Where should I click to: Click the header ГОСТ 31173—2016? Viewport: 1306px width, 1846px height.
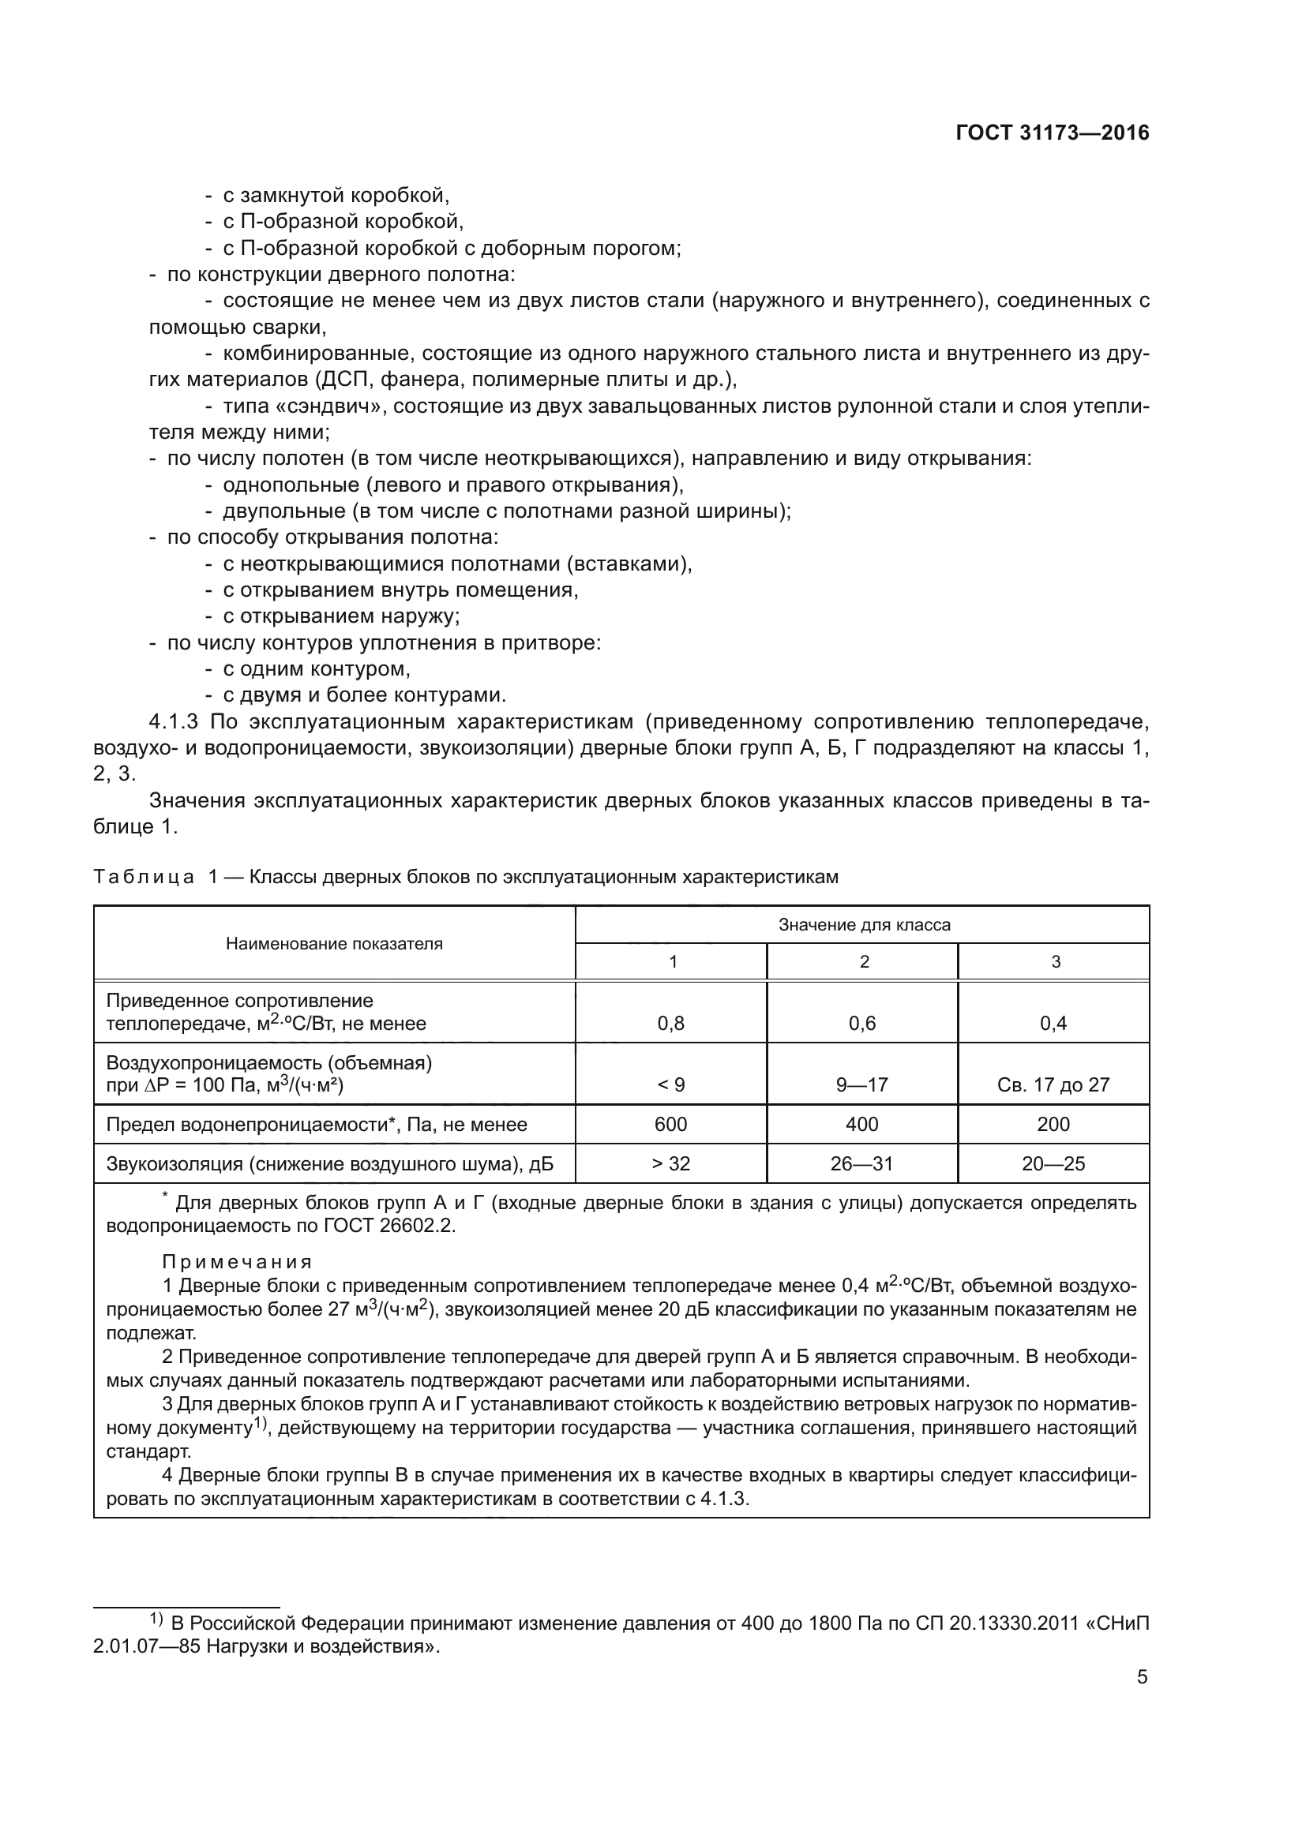pos(1052,133)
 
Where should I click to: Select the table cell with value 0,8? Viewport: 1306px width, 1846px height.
pos(670,1024)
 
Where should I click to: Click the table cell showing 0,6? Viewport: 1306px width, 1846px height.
pos(862,1024)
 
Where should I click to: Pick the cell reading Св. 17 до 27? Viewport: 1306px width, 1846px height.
pos(1053,1084)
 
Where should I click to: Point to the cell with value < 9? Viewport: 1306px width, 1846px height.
pos(670,1084)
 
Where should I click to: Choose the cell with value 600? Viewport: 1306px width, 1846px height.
pos(670,1124)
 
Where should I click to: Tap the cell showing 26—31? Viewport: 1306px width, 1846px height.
pos(862,1163)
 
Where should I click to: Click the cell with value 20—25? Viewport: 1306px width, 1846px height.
pos(1053,1163)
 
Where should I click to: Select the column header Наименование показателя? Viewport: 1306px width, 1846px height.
pos(334,944)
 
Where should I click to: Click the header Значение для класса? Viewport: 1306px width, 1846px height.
pos(864,925)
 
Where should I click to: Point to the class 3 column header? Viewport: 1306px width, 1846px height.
pos(1055,961)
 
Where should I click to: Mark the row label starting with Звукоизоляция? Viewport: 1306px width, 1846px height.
pos(330,1163)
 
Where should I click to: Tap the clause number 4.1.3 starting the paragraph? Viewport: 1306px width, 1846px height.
pos(173,721)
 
